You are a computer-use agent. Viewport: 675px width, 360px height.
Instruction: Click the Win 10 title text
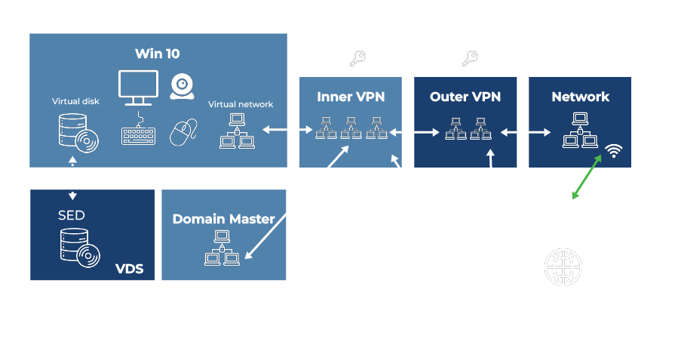click(x=157, y=54)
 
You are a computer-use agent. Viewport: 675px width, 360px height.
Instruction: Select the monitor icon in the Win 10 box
click(x=138, y=88)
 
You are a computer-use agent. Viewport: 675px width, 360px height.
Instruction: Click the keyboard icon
click(x=138, y=135)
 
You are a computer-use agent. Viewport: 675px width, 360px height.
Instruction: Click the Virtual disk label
click(x=75, y=101)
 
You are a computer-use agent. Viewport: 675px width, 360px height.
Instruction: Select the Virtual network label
click(x=241, y=104)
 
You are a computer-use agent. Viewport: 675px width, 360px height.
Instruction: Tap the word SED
click(x=72, y=215)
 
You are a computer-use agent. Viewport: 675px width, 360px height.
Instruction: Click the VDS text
click(x=129, y=269)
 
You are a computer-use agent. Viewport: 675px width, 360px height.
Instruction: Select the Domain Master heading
click(x=223, y=219)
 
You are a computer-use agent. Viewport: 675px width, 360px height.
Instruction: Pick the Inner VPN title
click(x=350, y=97)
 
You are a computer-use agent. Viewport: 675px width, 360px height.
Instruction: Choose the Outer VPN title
click(x=465, y=97)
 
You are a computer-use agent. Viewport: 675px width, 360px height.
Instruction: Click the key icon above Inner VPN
click(x=357, y=58)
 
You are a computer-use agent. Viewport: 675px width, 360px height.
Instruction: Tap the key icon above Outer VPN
click(x=471, y=58)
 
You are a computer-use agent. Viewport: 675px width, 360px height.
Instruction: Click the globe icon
click(x=563, y=267)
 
